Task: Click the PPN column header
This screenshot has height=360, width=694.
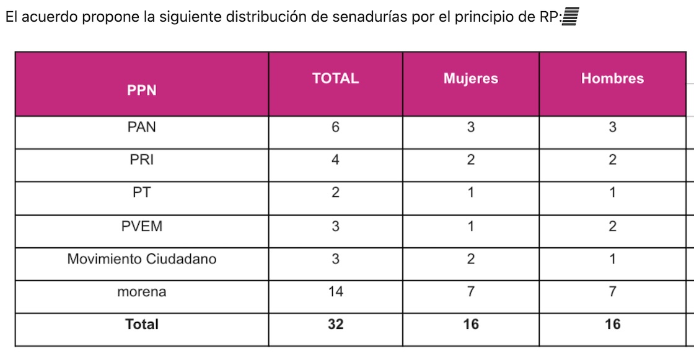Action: tap(142, 90)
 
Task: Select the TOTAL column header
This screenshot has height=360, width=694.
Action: tap(335, 79)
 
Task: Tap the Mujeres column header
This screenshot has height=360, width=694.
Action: tap(470, 79)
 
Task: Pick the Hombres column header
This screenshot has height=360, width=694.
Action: tap(612, 79)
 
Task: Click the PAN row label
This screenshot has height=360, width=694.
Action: tap(142, 127)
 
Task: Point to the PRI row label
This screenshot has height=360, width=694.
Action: tap(142, 160)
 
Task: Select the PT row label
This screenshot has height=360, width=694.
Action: tap(142, 193)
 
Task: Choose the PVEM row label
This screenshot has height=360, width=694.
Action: tap(142, 226)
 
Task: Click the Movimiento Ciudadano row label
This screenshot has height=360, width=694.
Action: tap(142, 259)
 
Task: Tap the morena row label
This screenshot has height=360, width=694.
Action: tap(142, 292)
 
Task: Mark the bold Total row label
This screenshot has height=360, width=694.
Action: tap(142, 324)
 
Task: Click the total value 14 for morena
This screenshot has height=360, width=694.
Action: tap(335, 292)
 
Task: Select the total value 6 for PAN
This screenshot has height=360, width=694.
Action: tap(335, 127)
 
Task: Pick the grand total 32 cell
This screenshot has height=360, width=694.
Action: tap(335, 324)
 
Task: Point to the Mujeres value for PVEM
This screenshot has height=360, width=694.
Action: tap(470, 226)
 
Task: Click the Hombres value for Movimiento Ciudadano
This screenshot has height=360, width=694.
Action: tap(612, 259)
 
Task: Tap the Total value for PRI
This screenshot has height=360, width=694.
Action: tap(335, 160)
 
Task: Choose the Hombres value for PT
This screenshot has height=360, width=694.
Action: tap(612, 193)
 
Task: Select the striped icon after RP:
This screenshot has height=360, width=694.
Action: tap(569, 17)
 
